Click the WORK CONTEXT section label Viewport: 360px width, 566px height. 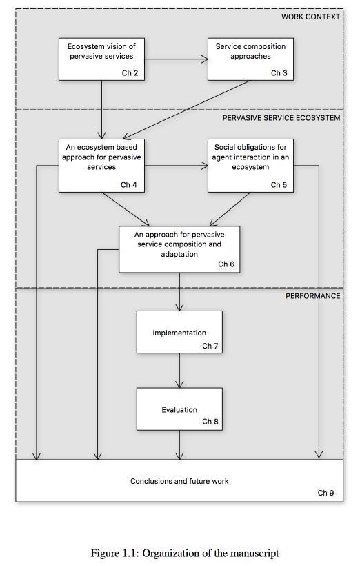310,17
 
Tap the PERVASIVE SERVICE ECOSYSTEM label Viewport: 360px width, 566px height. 281,118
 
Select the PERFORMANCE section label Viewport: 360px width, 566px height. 312,296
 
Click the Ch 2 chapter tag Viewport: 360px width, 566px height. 130,73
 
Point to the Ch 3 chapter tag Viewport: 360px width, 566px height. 279,73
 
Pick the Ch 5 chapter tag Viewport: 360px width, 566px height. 279,185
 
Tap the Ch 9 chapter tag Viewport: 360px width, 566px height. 326,493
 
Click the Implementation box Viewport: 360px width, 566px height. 179,332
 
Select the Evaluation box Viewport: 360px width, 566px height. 179,409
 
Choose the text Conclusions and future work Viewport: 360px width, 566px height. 179,481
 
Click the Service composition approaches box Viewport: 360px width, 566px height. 250,59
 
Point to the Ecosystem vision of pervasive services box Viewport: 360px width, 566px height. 101,59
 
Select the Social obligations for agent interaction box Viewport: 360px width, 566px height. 250,166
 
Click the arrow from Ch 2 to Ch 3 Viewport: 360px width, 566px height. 176,59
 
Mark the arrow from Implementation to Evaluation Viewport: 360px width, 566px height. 179,371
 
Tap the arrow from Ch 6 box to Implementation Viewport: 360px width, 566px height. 179,292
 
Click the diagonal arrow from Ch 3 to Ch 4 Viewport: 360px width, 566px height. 186,110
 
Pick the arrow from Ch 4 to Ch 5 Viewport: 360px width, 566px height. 176,166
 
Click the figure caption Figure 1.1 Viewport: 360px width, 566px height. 185,554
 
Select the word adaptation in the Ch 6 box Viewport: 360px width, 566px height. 179,254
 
